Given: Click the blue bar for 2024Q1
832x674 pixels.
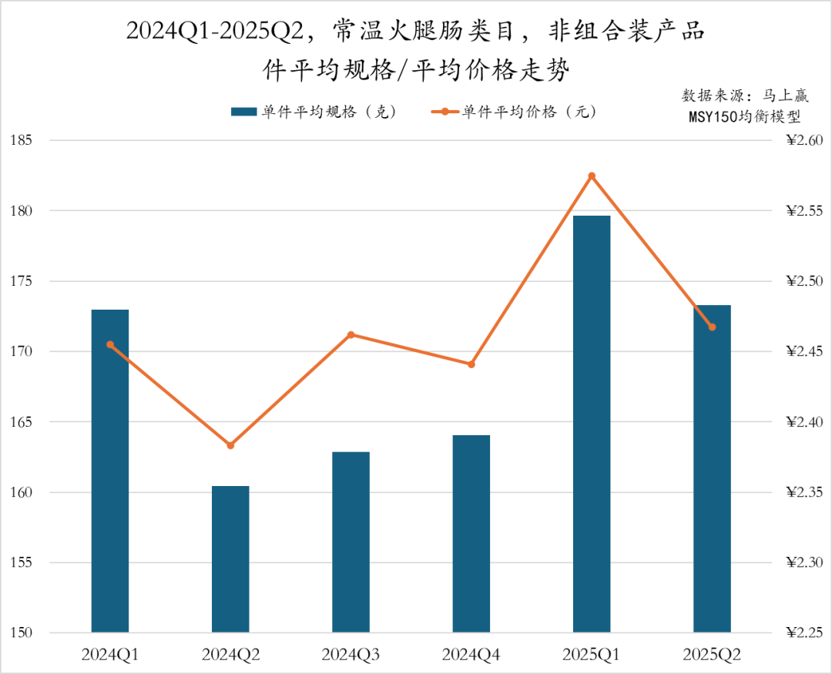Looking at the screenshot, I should click(110, 471).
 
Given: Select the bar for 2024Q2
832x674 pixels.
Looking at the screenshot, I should click(230, 559).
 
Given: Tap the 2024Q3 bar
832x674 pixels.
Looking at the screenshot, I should click(351, 542).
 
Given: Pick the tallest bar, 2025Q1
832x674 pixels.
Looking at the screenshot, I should click(592, 424).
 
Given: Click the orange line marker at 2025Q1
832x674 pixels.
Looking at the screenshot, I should click(592, 176).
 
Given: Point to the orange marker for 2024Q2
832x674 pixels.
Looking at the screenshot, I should click(230, 445).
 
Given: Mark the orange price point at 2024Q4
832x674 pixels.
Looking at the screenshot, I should click(471, 364).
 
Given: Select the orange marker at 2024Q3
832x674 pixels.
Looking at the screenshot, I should click(351, 334).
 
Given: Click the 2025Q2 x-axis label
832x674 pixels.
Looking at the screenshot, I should click(713, 656).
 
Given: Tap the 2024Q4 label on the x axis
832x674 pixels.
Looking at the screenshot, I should click(471, 656).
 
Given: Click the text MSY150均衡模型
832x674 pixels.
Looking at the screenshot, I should click(745, 117).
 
